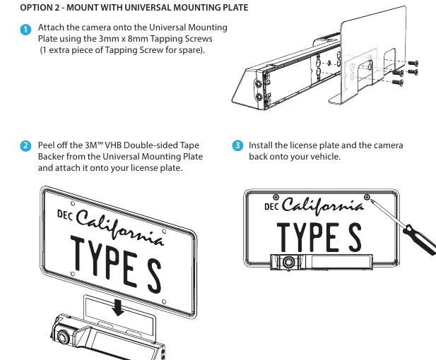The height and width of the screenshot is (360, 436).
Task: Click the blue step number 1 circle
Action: point(25,30)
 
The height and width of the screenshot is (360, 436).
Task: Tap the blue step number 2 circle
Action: point(25,146)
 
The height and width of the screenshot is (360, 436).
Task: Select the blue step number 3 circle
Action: point(237,145)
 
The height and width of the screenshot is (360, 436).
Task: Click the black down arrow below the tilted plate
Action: point(118,307)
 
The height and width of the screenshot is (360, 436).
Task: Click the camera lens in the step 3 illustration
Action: point(288,262)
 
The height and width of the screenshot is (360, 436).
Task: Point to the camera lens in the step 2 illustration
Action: point(63,337)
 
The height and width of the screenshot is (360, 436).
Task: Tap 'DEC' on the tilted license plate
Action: point(64,215)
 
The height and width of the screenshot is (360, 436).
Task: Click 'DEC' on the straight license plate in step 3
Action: point(271,207)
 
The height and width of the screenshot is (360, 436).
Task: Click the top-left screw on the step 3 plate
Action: point(276,197)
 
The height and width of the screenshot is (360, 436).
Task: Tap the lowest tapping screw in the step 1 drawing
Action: point(398,82)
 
